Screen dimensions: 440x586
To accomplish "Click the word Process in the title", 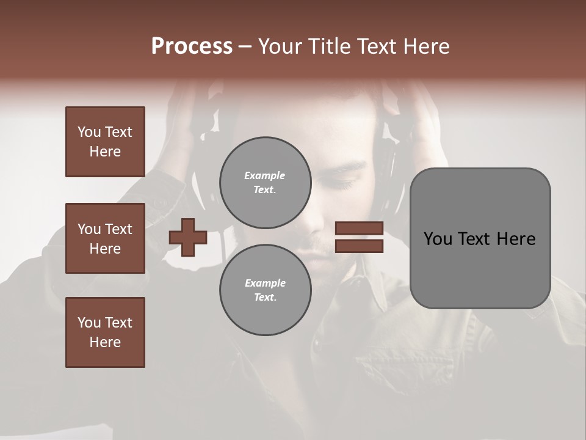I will tap(192, 46).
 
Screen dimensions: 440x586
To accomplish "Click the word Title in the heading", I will tap(327, 46).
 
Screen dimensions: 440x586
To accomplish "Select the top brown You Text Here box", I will tap(105, 142).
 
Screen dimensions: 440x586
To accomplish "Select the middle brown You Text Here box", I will tap(105, 238).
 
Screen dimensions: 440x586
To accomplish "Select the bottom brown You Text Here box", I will tap(105, 332).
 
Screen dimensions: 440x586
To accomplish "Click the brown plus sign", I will tap(188, 237).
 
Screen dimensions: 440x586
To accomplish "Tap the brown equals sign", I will tap(359, 237).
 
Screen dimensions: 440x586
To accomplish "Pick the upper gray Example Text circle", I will tap(265, 182).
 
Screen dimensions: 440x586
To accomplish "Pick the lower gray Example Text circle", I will tap(265, 290).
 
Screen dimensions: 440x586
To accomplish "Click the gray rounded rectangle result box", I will tap(480, 238).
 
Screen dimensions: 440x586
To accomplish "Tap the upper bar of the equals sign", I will tap(359, 229).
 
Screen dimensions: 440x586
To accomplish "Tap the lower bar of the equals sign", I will tap(359, 246).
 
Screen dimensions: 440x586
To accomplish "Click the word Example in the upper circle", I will tap(265, 175).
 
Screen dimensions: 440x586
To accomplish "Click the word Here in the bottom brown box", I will tap(105, 342).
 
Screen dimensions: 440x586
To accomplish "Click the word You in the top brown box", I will tap(89, 132).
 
